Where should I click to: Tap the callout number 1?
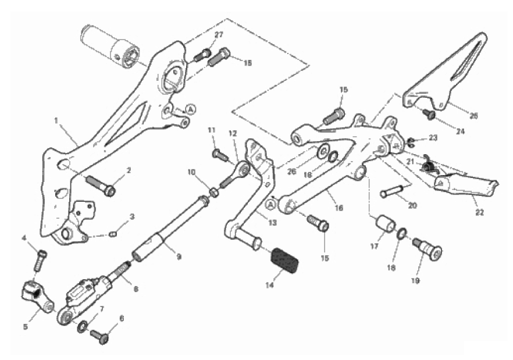click(56, 121)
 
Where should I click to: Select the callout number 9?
click(179, 256)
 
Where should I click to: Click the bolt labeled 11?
click(220, 155)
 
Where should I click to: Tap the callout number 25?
click(473, 115)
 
